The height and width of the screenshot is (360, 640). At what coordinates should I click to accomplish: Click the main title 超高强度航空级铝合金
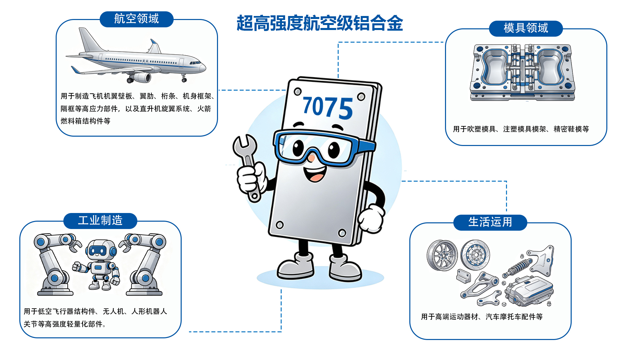click(x=320, y=23)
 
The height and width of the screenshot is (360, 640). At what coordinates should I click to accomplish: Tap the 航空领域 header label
click(x=137, y=19)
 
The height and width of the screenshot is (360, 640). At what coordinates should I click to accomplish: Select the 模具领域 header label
click(x=526, y=28)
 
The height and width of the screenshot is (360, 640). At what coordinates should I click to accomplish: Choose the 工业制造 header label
click(x=100, y=220)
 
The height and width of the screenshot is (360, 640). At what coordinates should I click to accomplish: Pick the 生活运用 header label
click(x=490, y=222)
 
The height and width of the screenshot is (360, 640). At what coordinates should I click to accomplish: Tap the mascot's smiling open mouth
click(x=315, y=173)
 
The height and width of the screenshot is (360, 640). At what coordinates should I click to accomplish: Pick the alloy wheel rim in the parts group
click(x=442, y=255)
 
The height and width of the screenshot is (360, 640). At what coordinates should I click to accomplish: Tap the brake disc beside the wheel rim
click(x=475, y=255)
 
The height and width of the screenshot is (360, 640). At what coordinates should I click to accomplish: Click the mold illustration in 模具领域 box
click(x=522, y=72)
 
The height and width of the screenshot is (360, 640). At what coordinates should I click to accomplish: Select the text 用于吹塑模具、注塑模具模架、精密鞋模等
click(x=521, y=129)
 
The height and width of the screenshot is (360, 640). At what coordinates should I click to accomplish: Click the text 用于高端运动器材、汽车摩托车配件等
click(x=482, y=317)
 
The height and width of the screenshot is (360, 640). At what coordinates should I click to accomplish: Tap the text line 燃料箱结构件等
click(x=85, y=121)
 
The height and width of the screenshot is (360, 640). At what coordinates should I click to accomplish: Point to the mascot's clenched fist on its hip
click(x=371, y=219)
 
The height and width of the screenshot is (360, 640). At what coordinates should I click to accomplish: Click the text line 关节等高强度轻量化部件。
click(x=65, y=324)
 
